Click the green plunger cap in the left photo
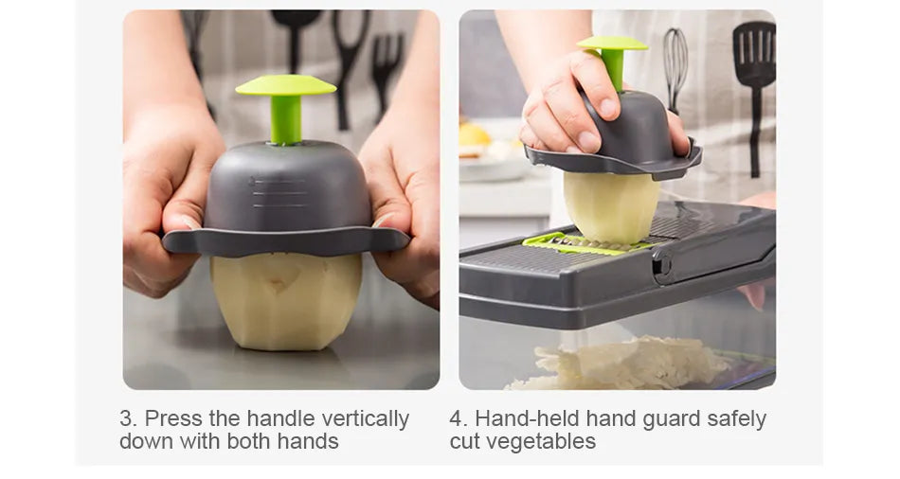[285, 85]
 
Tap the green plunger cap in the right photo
[612, 44]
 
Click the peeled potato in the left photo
[286, 300]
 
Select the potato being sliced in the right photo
[611, 206]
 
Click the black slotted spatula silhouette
[754, 86]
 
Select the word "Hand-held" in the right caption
[527, 418]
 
